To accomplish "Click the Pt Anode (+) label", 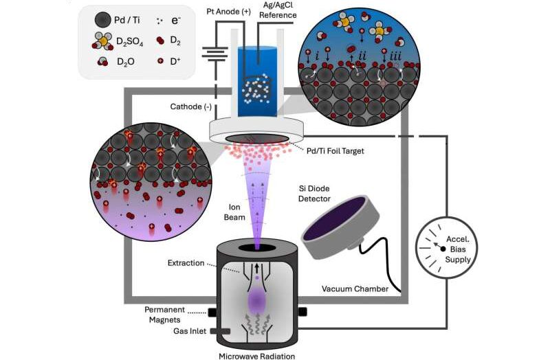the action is pos(228,12).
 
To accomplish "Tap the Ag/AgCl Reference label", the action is pos(278,10).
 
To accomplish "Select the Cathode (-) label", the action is pos(191,106).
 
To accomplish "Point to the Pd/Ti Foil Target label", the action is pos(335,151).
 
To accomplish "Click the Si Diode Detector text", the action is pos(314,194).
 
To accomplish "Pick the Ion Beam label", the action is pos(234,212).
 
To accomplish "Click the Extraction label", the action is pos(186,263).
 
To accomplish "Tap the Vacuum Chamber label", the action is pos(355,289).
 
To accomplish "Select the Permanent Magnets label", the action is pos(164,315).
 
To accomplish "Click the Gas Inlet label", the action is pos(190,331).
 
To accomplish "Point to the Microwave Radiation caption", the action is pos(256,356).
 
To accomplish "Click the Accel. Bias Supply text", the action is pos(458,249).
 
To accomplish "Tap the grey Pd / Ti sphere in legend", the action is pos(102,20).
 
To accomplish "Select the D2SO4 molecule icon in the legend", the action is pos(102,41).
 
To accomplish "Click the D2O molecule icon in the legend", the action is pos(102,62).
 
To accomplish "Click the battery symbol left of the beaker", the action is pos(214,54).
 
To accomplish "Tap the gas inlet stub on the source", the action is pos(220,331).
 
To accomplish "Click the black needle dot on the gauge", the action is pos(443,249).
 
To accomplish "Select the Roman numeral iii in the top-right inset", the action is pos(395,56).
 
